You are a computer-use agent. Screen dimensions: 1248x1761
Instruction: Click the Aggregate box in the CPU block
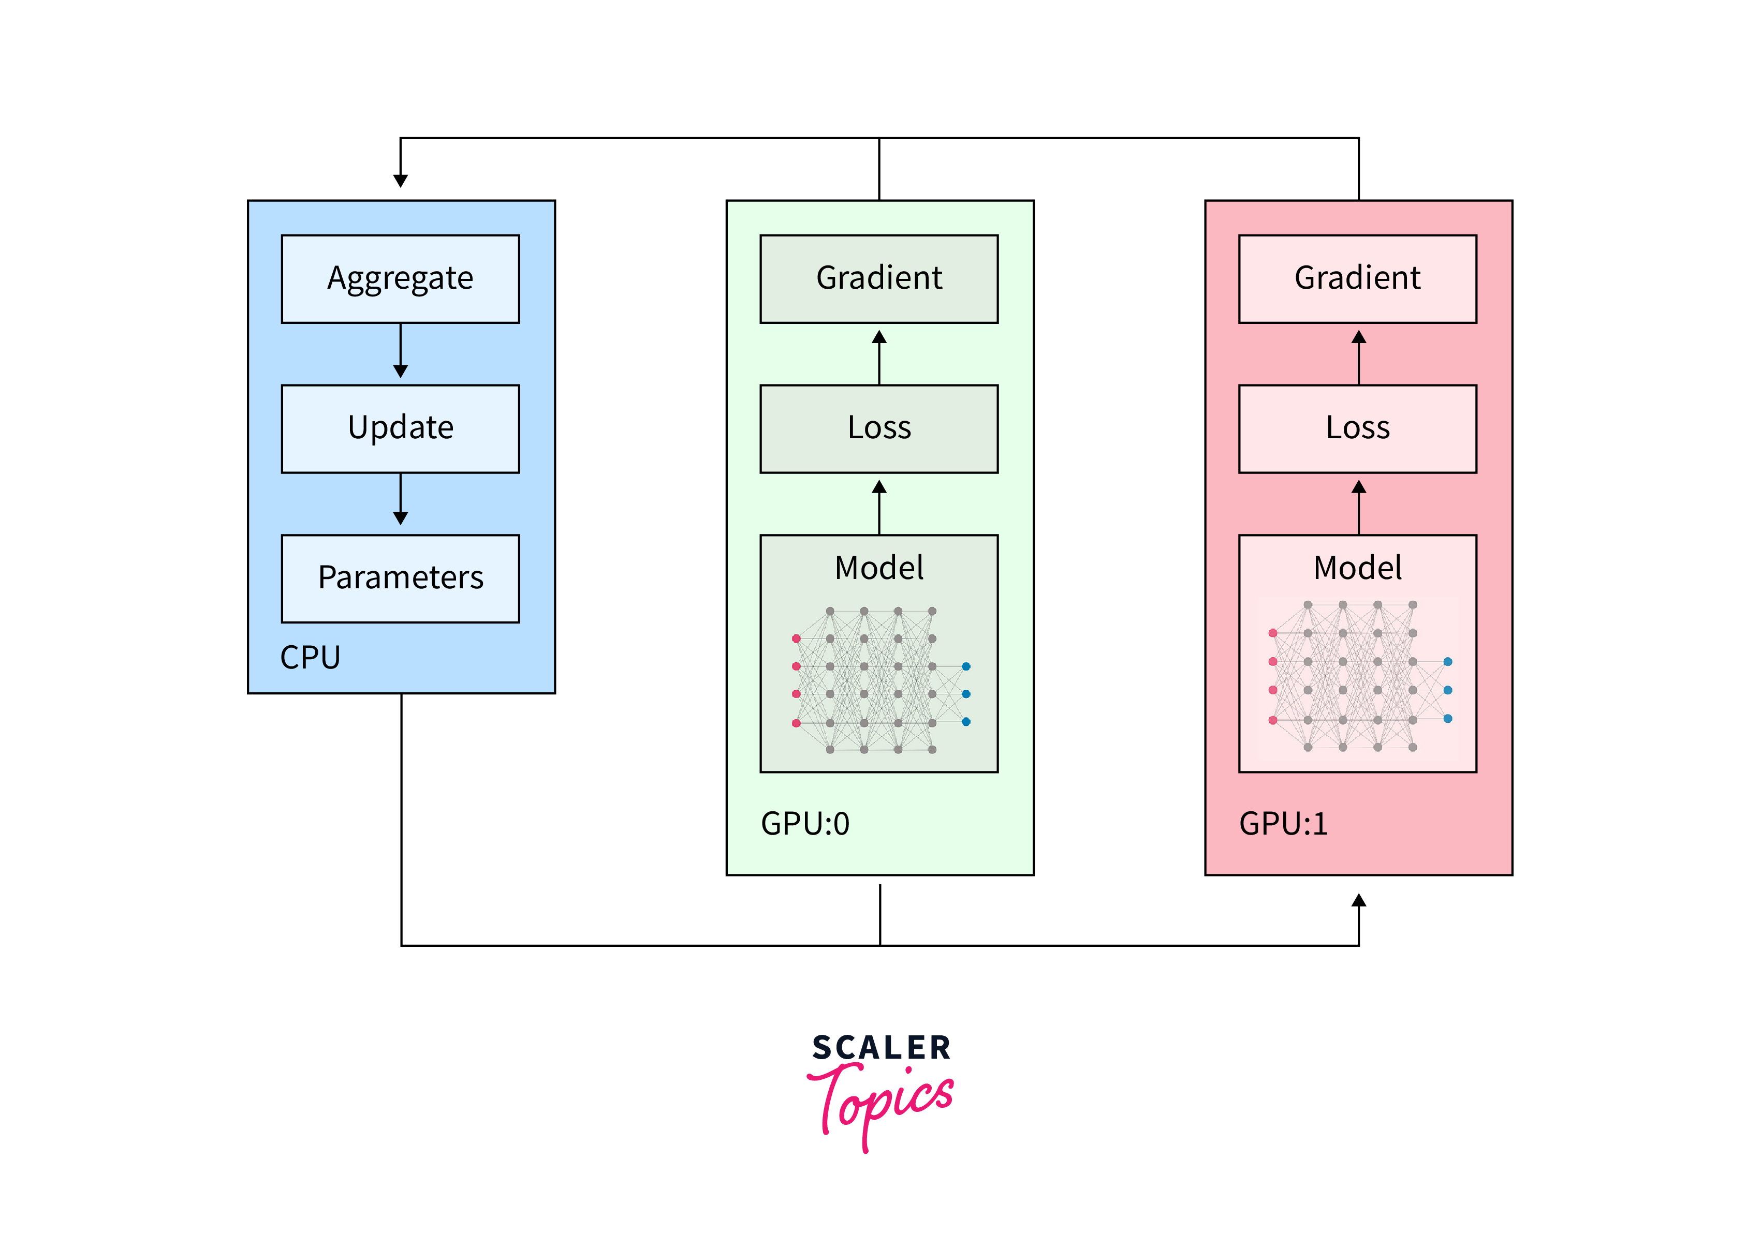pos(401,278)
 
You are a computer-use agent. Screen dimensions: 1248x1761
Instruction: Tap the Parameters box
pos(401,578)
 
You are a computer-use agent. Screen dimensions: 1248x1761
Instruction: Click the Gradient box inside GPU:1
pos(1357,278)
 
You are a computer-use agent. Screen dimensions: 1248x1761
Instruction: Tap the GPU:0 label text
pos(805,824)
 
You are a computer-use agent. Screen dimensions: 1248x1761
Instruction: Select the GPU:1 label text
pos(1283,824)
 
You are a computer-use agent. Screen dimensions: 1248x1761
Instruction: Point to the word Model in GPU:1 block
pos(1357,568)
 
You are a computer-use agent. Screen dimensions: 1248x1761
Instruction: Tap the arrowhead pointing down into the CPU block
pos(401,181)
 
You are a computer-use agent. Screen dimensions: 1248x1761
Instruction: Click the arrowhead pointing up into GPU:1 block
pos(1358,901)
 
